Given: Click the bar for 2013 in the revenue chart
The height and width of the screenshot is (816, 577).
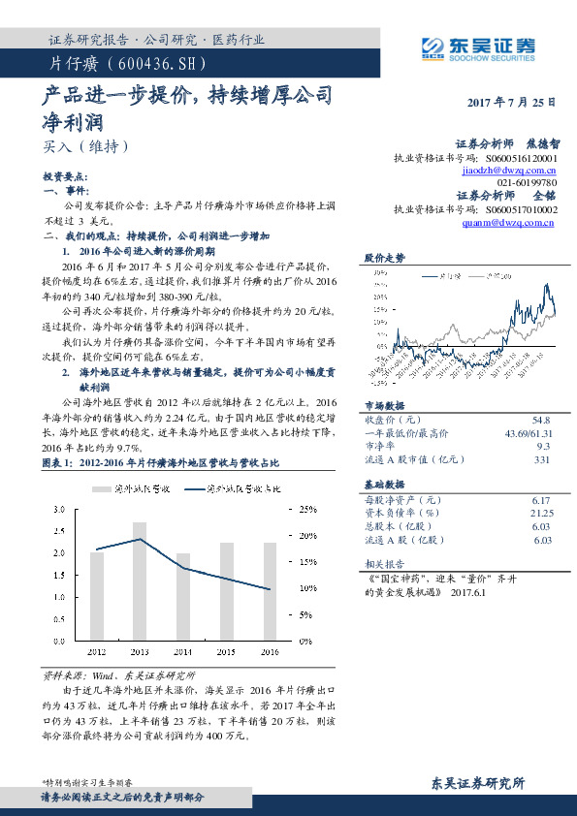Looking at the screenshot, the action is [140, 581].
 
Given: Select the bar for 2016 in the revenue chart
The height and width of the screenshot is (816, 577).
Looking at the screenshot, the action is [270, 591].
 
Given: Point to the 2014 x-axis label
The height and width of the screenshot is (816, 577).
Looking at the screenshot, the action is [183, 651].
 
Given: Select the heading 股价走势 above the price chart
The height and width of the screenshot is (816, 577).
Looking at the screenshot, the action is [384, 257].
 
